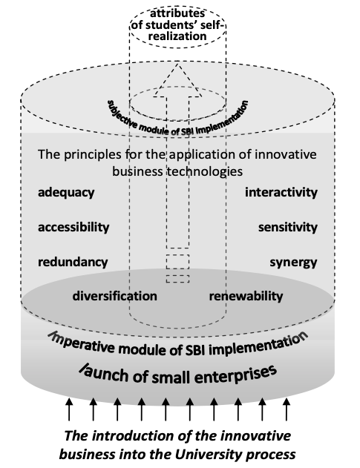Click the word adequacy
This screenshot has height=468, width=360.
click(x=66, y=193)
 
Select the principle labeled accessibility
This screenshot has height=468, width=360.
click(x=73, y=227)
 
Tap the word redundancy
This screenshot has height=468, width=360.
click(x=73, y=262)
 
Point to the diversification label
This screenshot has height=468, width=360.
click(x=115, y=296)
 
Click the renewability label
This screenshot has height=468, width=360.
click(x=246, y=296)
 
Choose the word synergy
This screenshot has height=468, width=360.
click(x=293, y=263)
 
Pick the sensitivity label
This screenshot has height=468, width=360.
click(x=288, y=228)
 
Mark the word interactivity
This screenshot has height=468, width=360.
click(x=281, y=193)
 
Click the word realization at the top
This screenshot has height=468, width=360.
click(x=177, y=36)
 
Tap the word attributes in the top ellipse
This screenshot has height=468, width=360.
click(x=177, y=13)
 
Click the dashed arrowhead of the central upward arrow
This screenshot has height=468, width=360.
click(x=177, y=79)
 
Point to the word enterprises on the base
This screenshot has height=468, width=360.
click(x=235, y=374)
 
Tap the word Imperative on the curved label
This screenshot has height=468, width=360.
click(x=81, y=342)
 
